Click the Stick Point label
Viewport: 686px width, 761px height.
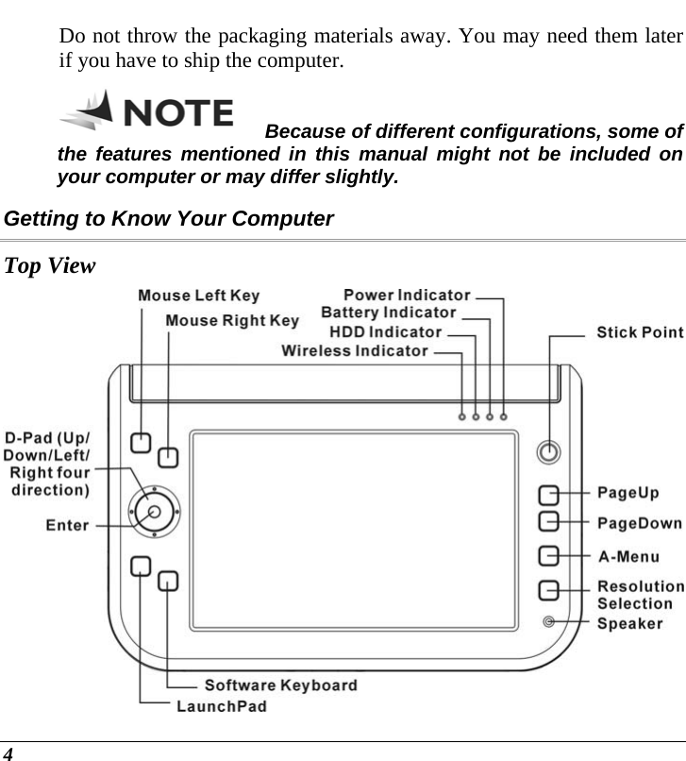pyautogui.click(x=640, y=332)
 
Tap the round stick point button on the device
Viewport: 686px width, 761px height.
pyautogui.click(x=547, y=452)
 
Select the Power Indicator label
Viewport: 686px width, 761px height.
pyautogui.click(x=406, y=296)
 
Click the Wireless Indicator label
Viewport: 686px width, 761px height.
pyautogui.click(x=355, y=351)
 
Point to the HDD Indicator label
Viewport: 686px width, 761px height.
pyautogui.click(x=385, y=332)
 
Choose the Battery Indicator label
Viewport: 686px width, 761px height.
pyautogui.click(x=389, y=313)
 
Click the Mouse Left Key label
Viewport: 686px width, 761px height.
pyautogui.click(x=198, y=296)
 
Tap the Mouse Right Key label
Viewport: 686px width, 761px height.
pyautogui.click(x=232, y=321)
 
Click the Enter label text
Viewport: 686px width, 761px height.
pyautogui.click(x=67, y=526)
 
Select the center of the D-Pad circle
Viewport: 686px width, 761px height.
pyautogui.click(x=154, y=511)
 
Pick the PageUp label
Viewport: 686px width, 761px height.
pyautogui.click(x=628, y=494)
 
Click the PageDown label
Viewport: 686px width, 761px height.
pyautogui.click(x=640, y=522)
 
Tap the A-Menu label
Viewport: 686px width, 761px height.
pyautogui.click(x=628, y=556)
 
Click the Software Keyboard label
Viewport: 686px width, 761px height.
pyautogui.click(x=280, y=685)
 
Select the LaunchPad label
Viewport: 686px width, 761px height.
pyautogui.click(x=222, y=705)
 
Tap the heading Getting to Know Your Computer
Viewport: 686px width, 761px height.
pyautogui.click(x=169, y=219)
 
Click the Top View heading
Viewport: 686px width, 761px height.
pyautogui.click(x=50, y=265)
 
